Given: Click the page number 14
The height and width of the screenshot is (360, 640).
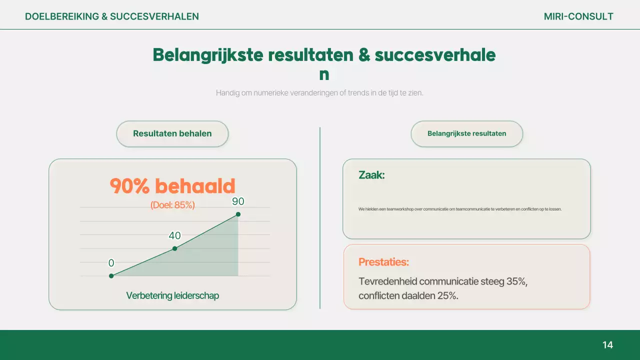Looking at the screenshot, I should (607, 345).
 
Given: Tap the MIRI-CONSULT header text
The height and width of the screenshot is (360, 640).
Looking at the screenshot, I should (578, 16).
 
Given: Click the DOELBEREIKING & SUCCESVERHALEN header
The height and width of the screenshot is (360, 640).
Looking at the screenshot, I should (112, 16).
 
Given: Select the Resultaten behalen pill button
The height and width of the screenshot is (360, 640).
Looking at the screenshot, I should (172, 133).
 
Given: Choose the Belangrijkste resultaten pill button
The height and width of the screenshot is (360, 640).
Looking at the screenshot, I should (466, 133).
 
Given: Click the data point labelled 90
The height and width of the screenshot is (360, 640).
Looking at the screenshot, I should (238, 214).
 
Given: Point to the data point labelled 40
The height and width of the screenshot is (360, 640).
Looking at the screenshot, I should (174, 248).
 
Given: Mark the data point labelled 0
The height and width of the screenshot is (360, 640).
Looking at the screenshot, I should (111, 275).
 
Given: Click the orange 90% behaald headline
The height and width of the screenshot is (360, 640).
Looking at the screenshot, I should (172, 186).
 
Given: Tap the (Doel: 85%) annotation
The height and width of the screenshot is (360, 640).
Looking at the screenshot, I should (172, 204).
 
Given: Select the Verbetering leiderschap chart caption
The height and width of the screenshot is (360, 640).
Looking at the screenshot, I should (172, 295).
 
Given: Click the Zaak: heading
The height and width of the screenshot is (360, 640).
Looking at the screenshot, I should (371, 175).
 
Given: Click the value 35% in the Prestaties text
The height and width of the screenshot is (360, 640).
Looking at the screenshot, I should (516, 281).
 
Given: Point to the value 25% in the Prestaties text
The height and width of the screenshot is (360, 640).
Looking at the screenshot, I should (446, 295).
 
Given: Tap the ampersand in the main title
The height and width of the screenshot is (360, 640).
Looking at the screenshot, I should (364, 55).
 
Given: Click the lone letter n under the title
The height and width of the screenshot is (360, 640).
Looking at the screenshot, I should (324, 74).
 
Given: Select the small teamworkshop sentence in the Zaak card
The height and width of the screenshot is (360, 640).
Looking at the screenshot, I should (460, 209).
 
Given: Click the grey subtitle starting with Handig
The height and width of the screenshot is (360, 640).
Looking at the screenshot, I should (319, 92).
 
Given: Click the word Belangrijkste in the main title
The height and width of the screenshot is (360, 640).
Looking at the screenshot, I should (207, 55).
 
